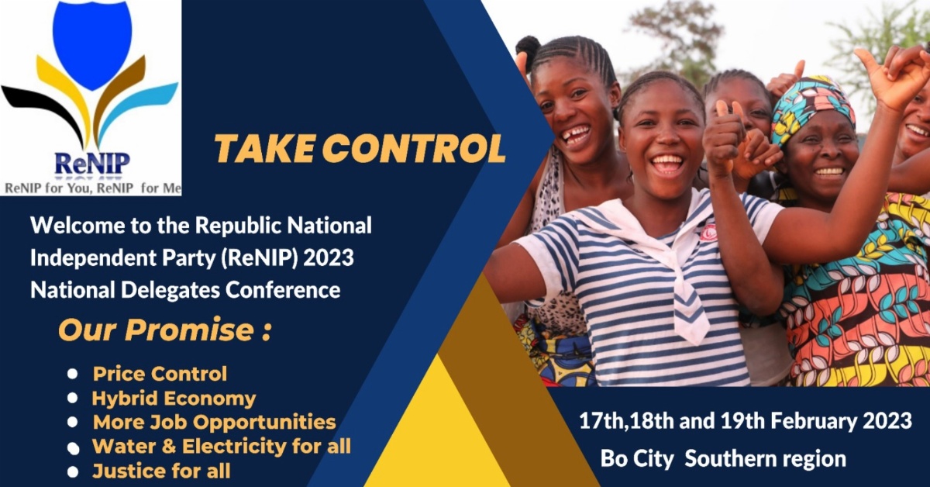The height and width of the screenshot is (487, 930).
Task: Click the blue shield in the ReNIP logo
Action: (x=91, y=43)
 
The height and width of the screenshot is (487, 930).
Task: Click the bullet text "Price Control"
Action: (x=160, y=374)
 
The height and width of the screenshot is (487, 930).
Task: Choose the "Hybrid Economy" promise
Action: (x=174, y=399)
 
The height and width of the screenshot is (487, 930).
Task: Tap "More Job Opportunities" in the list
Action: (x=214, y=423)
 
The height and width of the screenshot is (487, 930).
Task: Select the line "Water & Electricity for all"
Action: (x=221, y=447)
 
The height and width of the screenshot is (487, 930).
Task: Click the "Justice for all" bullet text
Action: (x=161, y=471)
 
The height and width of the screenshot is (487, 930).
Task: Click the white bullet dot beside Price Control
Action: (x=73, y=374)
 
